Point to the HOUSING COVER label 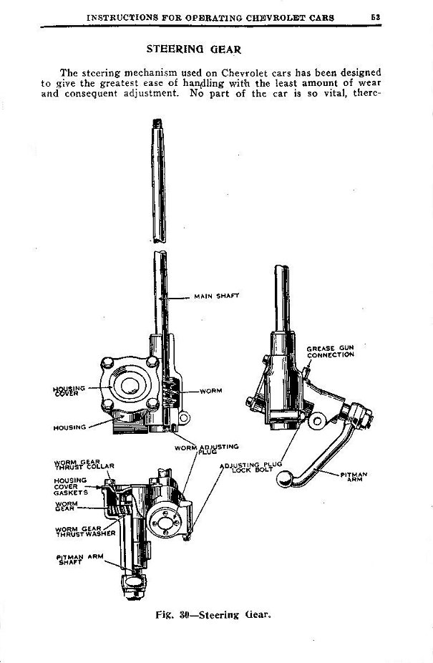(69, 390)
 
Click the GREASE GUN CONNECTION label (331, 352)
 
